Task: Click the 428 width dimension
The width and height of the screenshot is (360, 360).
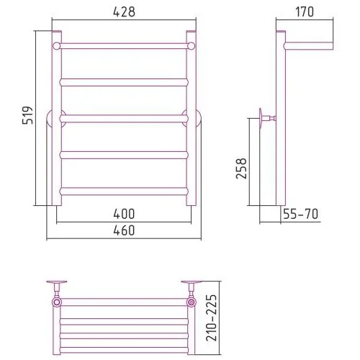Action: [124, 12]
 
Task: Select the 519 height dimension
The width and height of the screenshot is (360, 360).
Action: [27, 115]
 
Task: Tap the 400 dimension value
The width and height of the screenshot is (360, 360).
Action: [124, 214]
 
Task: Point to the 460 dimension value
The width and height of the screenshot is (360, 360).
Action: [124, 230]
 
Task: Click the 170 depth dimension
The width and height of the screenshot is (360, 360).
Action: [305, 12]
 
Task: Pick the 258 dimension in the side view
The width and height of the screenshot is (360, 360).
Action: [241, 168]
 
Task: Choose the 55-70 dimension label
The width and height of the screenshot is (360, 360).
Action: [300, 214]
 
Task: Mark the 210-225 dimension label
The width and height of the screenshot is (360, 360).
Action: [212, 318]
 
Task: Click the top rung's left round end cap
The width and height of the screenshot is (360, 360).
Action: [57, 46]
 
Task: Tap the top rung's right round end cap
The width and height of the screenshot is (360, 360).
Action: [192, 46]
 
